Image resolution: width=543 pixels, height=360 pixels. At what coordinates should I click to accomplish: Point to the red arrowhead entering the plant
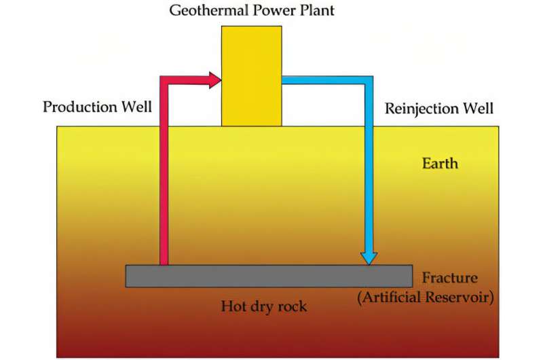(215, 80)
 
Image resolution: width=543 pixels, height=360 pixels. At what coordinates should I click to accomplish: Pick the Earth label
(440, 164)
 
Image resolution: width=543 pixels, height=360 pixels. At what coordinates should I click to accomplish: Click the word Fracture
(449, 278)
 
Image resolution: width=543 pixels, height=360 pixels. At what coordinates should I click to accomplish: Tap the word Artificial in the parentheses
(397, 297)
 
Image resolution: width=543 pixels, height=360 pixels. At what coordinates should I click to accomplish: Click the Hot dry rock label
(264, 306)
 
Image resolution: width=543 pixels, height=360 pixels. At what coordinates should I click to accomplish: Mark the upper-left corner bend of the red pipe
(164, 81)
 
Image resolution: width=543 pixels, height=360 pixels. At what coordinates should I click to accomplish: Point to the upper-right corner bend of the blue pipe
(369, 81)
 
